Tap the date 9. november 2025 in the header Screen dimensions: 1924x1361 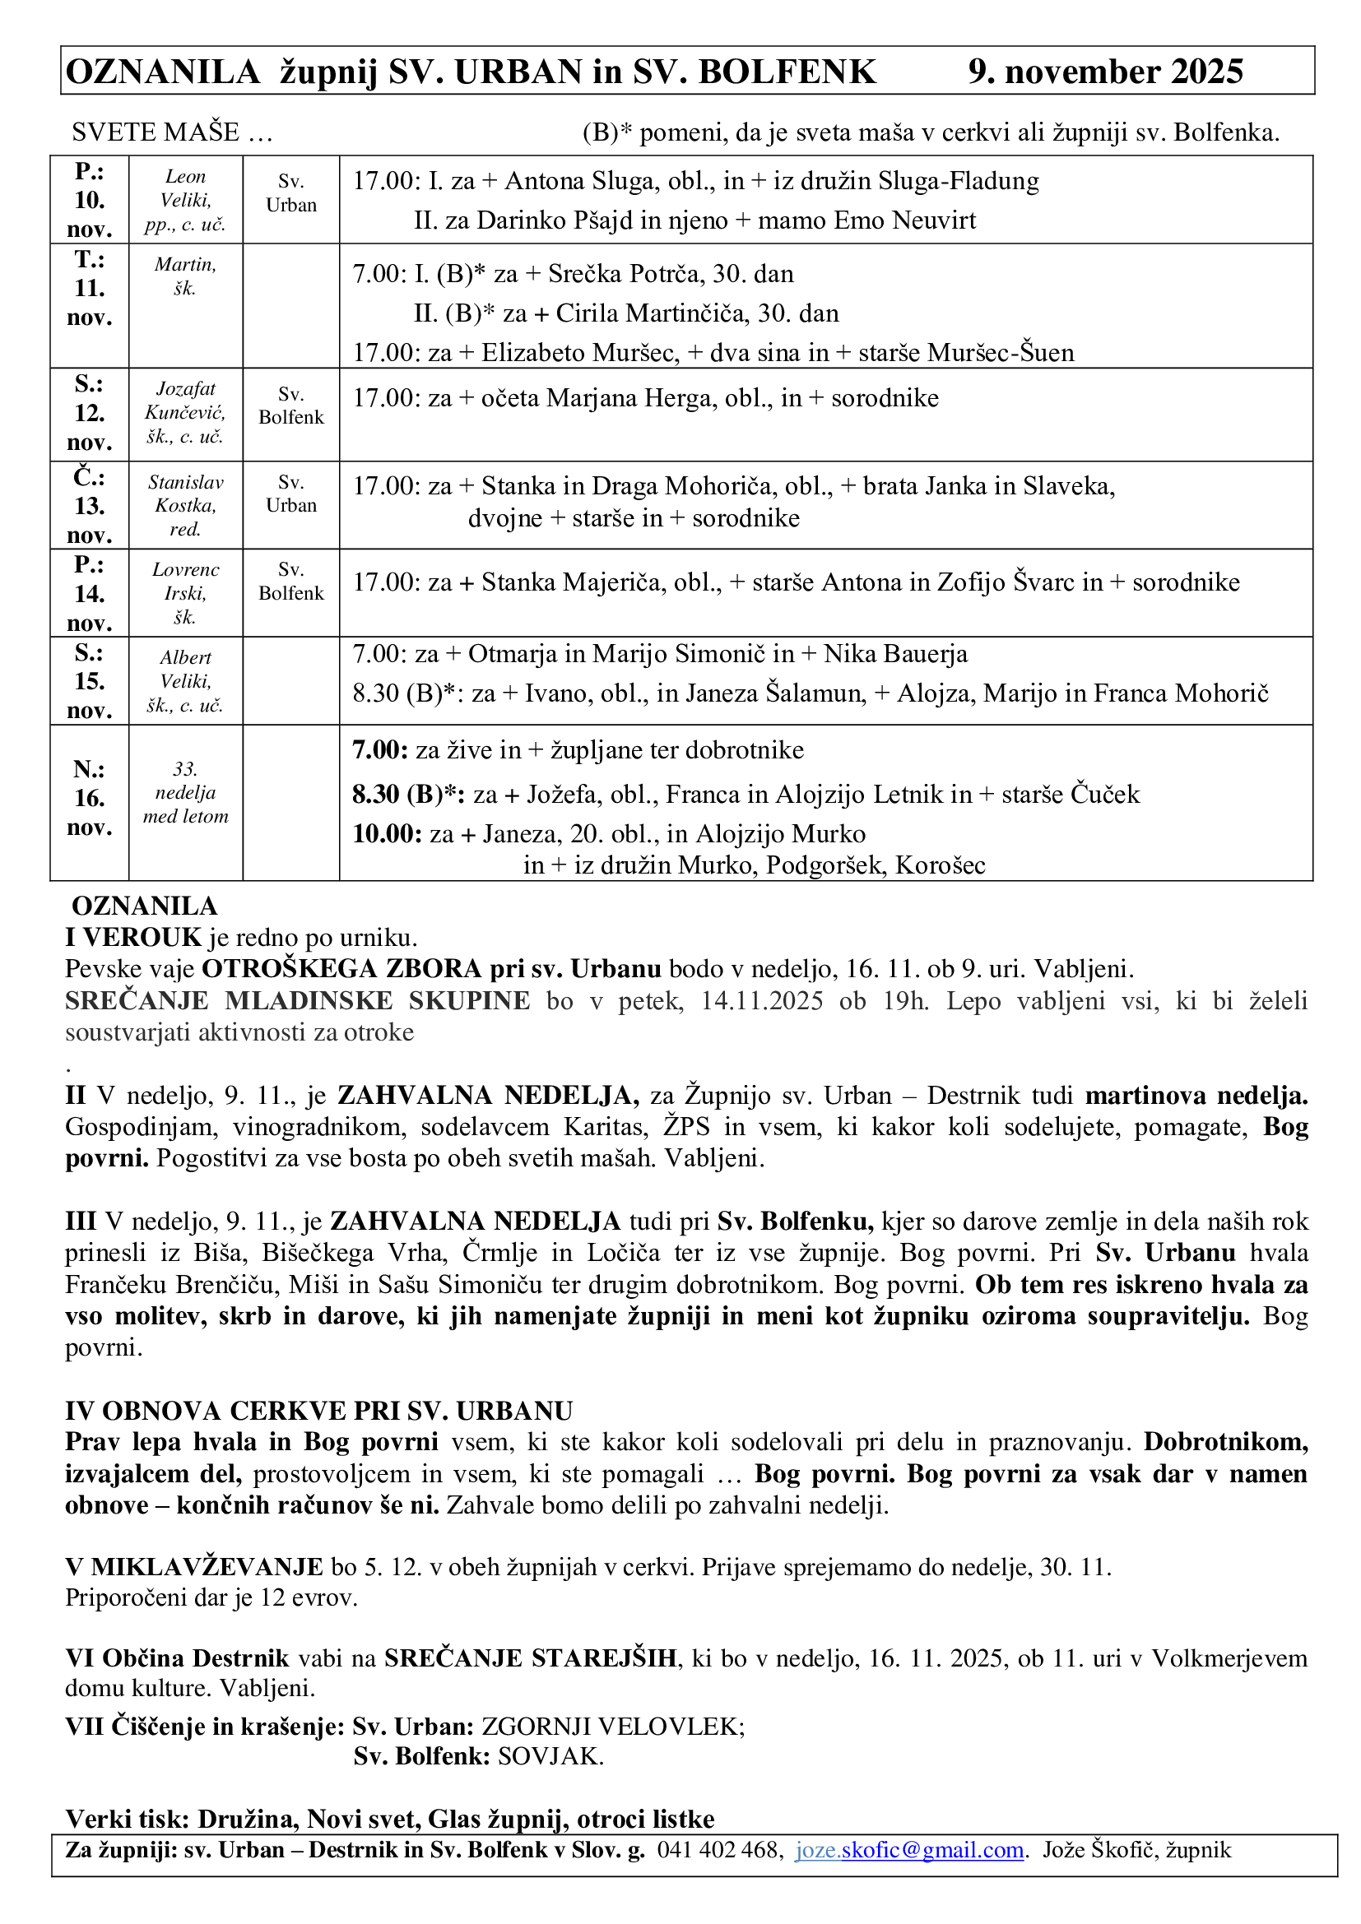(1105, 72)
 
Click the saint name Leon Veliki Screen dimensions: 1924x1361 (185, 188)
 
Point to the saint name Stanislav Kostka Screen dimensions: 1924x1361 (185, 494)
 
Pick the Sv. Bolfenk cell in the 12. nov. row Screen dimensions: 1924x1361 (290, 406)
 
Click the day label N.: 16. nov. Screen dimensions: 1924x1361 (89, 798)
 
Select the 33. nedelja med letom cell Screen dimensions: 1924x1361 (185, 793)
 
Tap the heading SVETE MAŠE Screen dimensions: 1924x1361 (156, 132)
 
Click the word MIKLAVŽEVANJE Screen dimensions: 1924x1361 (207, 1566)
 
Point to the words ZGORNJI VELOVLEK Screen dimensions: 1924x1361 (611, 1727)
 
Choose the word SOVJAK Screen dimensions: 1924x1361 (550, 1756)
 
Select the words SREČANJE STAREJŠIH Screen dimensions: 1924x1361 (531, 1657)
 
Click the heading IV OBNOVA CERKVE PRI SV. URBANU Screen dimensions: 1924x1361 (319, 1412)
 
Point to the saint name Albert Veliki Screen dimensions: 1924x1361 (185, 670)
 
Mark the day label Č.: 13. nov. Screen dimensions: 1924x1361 (89, 505)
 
